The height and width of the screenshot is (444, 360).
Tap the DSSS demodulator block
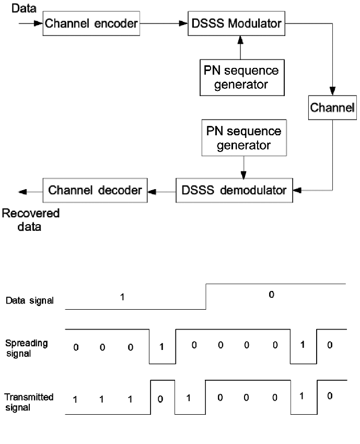[234, 190]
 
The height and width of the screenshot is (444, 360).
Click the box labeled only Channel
[332, 108]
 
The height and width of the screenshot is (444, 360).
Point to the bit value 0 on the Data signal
[271, 295]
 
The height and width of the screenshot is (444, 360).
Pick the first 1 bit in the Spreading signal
[161, 347]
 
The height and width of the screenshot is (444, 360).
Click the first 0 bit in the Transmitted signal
[161, 400]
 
